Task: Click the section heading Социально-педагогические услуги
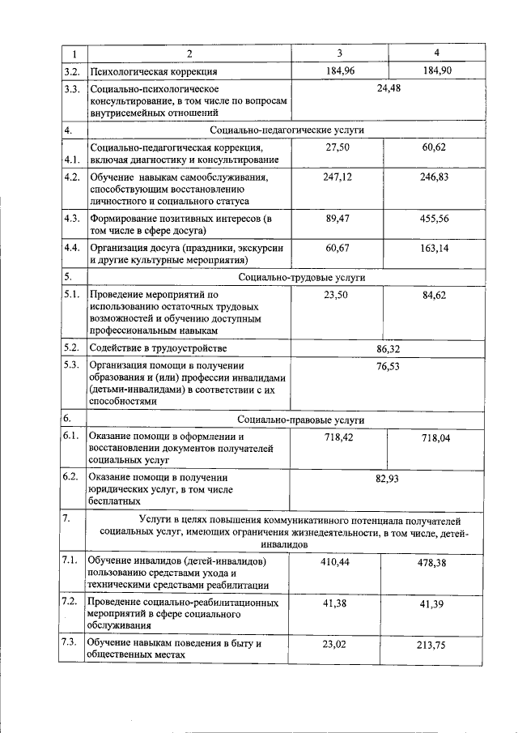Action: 287,130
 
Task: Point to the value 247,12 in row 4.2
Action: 338,177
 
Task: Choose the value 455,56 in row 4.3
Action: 434,219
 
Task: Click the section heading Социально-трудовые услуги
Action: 300,277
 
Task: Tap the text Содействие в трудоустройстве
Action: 158,348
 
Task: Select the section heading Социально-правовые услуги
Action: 300,420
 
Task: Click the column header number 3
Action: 340,53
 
